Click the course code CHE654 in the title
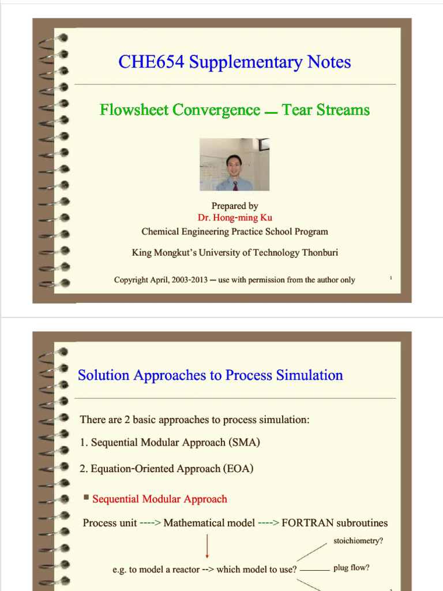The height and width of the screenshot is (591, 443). (x=151, y=61)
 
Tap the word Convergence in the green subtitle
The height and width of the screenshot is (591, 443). (x=217, y=110)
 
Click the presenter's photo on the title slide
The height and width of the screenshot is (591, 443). (x=234, y=164)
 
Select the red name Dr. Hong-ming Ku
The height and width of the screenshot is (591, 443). (x=235, y=218)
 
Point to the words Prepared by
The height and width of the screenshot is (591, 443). (x=235, y=206)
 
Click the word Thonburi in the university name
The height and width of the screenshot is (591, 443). (x=320, y=252)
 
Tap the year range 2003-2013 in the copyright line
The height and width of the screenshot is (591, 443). (x=189, y=280)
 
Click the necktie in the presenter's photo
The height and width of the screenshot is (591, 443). (x=235, y=185)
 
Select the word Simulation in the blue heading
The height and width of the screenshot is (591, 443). (x=309, y=375)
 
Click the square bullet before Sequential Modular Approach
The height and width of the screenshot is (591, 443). (x=87, y=498)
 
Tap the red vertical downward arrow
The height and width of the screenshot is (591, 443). (x=207, y=545)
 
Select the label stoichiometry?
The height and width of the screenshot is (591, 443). (x=358, y=540)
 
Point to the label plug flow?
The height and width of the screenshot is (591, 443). (x=351, y=568)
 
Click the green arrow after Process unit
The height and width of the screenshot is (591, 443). (x=151, y=523)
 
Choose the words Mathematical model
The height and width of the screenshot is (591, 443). (x=209, y=523)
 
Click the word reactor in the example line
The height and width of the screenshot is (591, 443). (x=186, y=569)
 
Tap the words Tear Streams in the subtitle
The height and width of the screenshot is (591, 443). (x=326, y=110)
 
